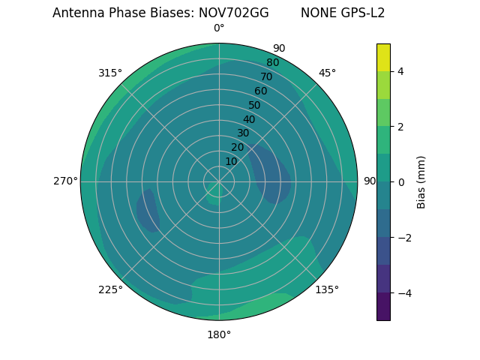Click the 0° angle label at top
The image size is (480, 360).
click(219, 28)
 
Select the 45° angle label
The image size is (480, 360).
click(327, 73)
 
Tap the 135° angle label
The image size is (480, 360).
click(327, 289)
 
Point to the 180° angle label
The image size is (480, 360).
click(219, 334)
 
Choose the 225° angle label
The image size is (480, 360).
click(110, 289)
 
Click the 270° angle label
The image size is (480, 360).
click(65, 181)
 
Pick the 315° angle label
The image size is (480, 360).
click(110, 73)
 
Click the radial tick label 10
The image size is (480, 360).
click(231, 161)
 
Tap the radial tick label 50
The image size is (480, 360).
click(255, 105)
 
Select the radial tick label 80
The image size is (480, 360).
click(273, 62)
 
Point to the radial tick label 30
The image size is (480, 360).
click(243, 133)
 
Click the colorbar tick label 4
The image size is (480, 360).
click(400, 71)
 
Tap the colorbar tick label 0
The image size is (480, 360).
click(400, 181)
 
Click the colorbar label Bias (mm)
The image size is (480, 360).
click(421, 181)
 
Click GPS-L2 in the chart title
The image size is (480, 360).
click(364, 13)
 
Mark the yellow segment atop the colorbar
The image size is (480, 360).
click(383, 57)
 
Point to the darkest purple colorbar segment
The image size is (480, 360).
click(383, 307)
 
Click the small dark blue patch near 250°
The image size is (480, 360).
click(148, 211)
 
